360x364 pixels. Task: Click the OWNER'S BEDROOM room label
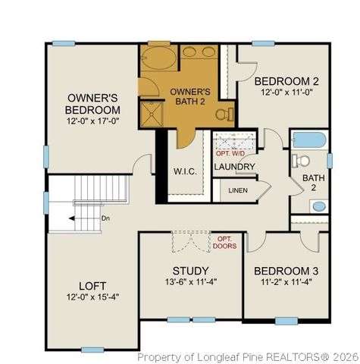point(93,104)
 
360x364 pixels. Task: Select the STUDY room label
point(190,269)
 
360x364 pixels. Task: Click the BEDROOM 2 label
point(286,81)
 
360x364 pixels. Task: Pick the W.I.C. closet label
point(185,171)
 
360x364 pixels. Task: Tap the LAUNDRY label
point(234,166)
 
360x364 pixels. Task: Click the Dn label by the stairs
point(105,218)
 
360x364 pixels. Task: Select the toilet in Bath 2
point(302,161)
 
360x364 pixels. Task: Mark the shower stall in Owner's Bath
point(154,114)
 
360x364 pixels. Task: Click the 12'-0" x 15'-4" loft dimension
point(93,297)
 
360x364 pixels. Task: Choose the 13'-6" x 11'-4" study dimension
point(190,282)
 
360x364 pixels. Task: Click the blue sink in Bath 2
point(318,206)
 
